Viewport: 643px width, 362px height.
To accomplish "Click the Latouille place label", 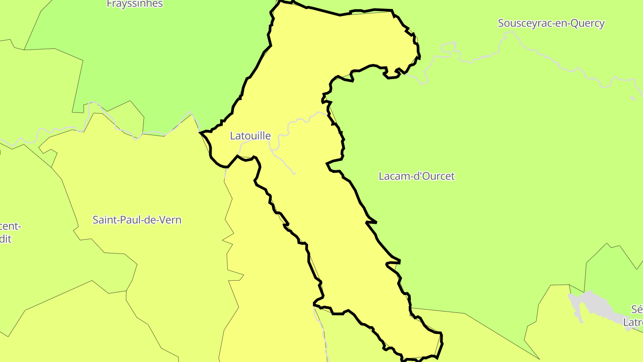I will (250, 136).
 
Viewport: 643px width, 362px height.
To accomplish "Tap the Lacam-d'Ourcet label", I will (416, 176).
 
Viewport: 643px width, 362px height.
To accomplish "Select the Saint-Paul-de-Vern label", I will (137, 220).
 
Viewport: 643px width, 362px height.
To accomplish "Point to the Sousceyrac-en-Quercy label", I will (551, 23).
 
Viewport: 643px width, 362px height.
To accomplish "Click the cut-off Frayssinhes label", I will (135, 4).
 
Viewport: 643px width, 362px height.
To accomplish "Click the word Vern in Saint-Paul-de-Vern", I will (171, 220).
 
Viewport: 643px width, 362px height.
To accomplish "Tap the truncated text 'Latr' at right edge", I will (633, 322).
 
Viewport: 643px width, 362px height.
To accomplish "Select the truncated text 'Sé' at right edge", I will (637, 309).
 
